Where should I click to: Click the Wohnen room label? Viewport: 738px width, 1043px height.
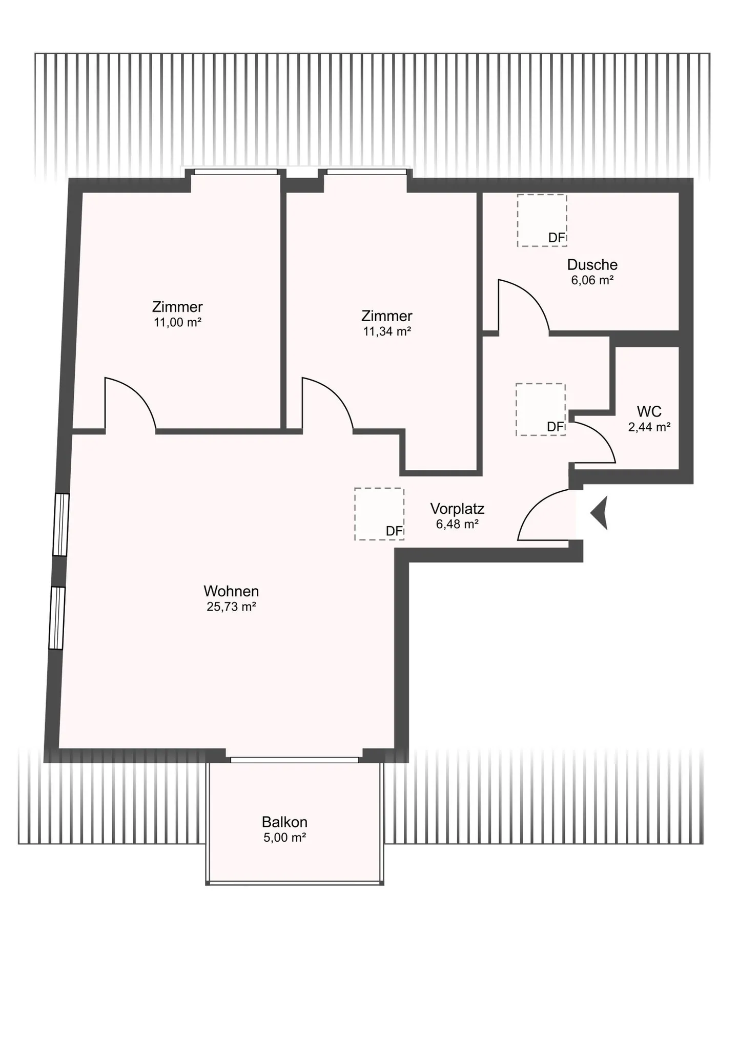(x=231, y=591)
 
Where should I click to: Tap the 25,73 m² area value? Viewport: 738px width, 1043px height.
(x=231, y=607)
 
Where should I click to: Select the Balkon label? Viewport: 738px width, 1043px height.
(x=284, y=822)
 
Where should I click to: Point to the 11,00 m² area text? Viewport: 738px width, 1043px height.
(x=177, y=323)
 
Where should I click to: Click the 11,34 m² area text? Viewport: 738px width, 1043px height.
(x=387, y=331)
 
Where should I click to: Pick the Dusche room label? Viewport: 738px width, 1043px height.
(x=592, y=265)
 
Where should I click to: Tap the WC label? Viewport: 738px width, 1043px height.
(x=649, y=411)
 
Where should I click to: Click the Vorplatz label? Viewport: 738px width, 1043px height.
(x=457, y=509)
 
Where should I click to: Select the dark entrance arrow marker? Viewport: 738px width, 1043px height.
(x=601, y=513)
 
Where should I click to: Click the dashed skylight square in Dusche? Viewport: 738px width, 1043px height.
(x=541, y=220)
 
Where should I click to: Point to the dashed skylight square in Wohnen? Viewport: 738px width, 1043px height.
(x=379, y=514)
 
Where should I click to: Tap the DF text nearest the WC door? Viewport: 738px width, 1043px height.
(x=555, y=427)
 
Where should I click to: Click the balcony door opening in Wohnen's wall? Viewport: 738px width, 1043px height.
(x=294, y=760)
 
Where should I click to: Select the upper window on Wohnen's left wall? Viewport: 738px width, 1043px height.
(x=61, y=525)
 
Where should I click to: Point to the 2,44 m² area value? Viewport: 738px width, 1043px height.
(x=649, y=427)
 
